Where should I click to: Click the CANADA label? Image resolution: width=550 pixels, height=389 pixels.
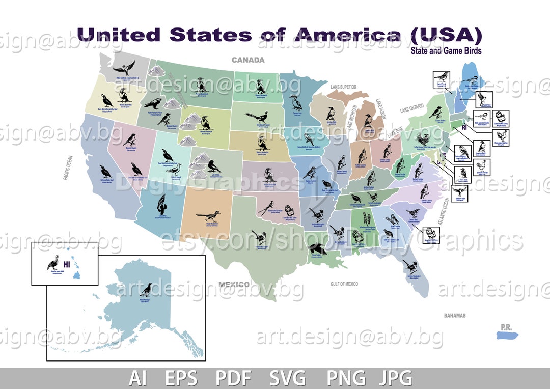pos(248,60)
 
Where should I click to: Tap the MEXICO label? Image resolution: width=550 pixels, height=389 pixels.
pos(234,284)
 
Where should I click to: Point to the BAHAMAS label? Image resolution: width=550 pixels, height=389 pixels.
pos(454,316)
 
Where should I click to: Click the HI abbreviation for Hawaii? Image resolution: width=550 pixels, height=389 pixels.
pos(67,264)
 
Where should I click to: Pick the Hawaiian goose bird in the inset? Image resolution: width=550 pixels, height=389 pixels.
pos(52,262)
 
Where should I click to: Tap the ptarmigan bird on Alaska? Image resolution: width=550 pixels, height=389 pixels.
pos(147,290)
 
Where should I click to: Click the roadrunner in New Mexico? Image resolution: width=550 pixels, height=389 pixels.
pos(209,216)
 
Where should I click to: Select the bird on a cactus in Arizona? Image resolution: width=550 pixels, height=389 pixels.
pos(161,204)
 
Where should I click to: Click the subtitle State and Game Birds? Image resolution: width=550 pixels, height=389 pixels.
pos(447,51)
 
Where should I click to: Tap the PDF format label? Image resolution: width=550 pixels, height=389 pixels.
pos(233,378)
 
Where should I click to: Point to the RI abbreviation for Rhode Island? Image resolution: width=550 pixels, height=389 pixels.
pos(464,128)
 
